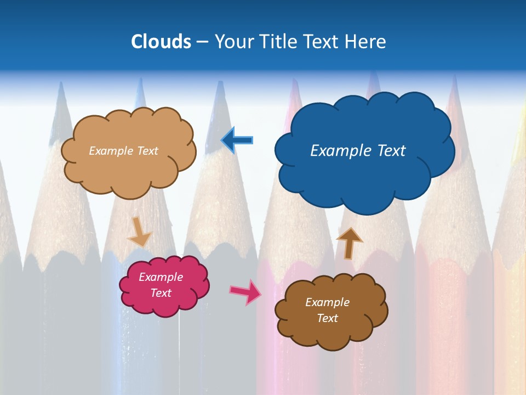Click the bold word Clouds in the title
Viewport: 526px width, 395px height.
(x=161, y=42)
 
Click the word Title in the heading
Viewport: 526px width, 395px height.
(x=278, y=42)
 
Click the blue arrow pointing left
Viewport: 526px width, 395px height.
(x=237, y=140)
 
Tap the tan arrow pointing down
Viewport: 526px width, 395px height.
(x=139, y=231)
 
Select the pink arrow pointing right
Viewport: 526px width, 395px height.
(x=245, y=291)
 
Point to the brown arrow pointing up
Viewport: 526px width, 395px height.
(x=349, y=243)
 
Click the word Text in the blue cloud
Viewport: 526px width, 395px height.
(x=391, y=151)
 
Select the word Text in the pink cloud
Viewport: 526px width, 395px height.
(x=161, y=293)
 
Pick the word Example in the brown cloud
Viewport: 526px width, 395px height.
(x=327, y=302)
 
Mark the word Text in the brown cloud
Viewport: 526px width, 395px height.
(x=328, y=318)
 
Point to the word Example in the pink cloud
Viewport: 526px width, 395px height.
(x=161, y=277)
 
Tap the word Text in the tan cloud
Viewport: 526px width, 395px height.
(x=147, y=151)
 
